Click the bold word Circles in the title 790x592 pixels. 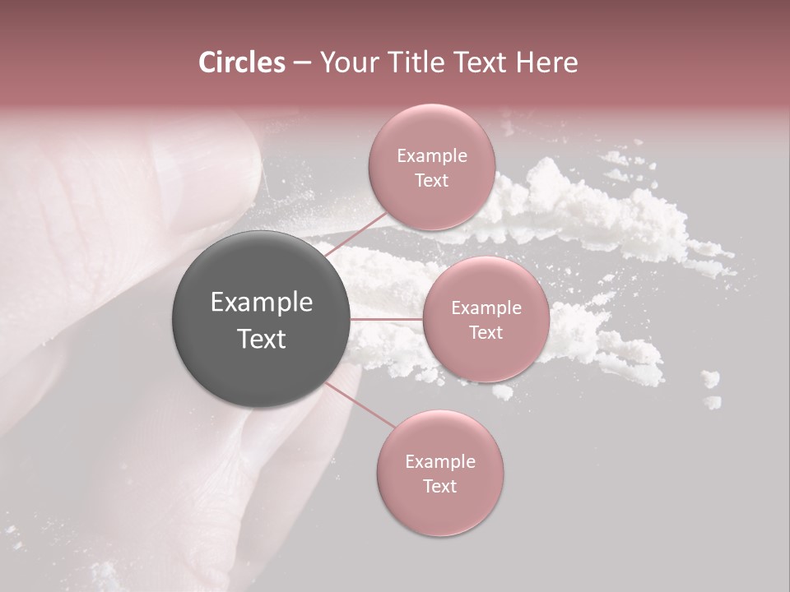tap(241, 62)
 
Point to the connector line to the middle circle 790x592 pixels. tap(387, 319)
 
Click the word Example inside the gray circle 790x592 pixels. tap(261, 303)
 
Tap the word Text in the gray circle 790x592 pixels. tap(261, 339)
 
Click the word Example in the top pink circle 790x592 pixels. tap(431, 156)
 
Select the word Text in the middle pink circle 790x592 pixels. tap(486, 332)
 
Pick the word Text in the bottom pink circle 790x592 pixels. tap(439, 486)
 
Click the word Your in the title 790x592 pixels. tap(346, 62)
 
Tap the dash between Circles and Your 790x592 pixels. tap(301, 62)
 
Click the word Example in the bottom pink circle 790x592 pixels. tap(439, 462)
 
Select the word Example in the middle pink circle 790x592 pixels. tap(486, 308)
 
